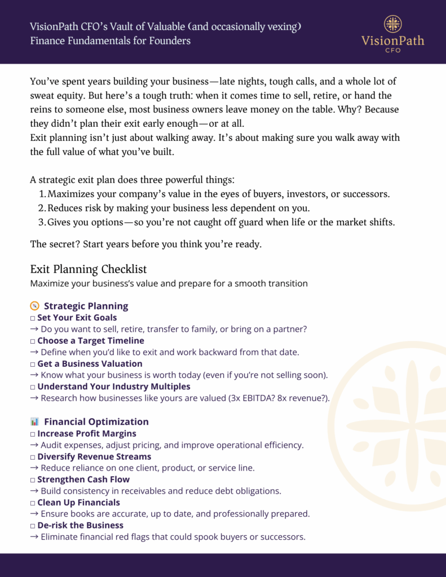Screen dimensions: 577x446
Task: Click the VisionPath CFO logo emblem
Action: [392, 24]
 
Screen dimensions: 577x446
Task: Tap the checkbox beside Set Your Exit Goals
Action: [33, 318]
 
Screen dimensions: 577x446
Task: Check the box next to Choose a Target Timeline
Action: [33, 341]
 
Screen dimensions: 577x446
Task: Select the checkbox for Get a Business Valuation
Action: [33, 364]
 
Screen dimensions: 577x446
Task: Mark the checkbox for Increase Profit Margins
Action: [33, 434]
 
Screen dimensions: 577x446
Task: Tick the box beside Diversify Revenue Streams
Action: [33, 457]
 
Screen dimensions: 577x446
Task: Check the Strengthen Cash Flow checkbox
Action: [33, 480]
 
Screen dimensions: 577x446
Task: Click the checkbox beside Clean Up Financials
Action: [33, 503]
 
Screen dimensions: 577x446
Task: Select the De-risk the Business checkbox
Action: [33, 526]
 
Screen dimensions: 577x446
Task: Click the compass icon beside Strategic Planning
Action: [34, 306]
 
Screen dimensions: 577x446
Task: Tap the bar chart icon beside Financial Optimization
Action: [34, 421]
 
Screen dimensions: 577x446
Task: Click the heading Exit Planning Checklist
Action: [89, 269]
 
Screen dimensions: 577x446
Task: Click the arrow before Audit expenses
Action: [34, 445]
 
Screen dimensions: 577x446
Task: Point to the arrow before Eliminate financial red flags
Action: [34, 537]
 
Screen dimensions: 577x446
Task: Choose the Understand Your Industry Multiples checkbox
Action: [33, 387]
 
